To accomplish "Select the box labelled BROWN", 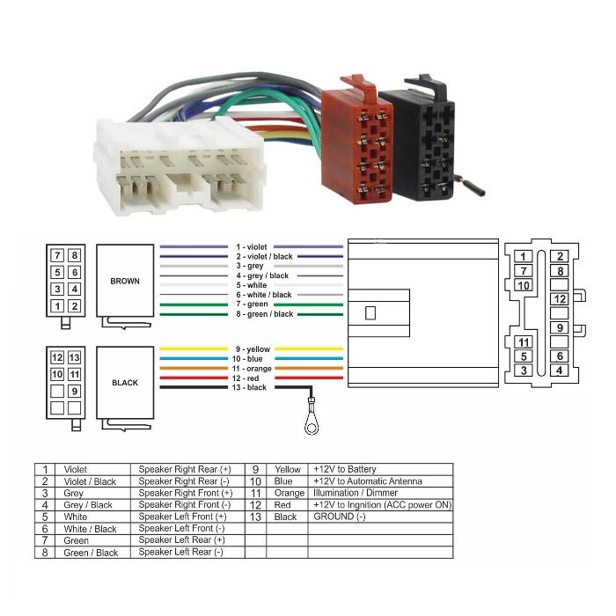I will point(125,281).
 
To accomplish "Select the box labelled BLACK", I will point(125,383).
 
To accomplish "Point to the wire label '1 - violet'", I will point(251,247).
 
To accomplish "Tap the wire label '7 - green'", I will point(251,304).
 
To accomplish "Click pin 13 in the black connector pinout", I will point(74,358).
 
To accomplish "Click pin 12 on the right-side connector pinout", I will point(560,299).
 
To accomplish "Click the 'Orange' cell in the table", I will point(289,494).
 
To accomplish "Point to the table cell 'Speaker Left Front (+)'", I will point(182,517).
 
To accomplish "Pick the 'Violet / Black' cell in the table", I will point(90,482).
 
